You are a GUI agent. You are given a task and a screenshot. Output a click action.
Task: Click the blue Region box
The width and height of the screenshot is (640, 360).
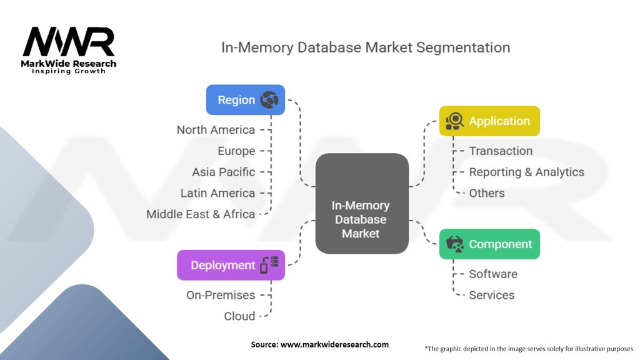click(x=245, y=99)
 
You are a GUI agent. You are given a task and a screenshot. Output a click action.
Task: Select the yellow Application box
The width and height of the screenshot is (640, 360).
click(x=489, y=121)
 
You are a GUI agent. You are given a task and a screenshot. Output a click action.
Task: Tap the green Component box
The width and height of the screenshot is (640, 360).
click(x=489, y=244)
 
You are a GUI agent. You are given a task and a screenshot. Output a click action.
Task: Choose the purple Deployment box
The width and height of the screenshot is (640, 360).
click(x=231, y=265)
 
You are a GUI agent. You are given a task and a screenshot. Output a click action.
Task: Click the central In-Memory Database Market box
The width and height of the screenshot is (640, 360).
click(x=362, y=203)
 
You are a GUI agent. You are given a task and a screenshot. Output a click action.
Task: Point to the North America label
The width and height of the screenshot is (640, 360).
click(x=216, y=130)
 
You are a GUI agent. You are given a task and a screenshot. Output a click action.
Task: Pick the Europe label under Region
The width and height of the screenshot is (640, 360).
click(x=236, y=151)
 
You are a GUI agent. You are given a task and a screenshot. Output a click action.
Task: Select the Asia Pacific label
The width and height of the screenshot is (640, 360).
click(x=224, y=172)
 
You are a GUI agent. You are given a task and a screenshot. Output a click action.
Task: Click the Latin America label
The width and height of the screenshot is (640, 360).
click(x=218, y=193)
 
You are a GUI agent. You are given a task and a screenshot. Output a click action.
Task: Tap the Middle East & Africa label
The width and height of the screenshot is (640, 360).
click(x=201, y=214)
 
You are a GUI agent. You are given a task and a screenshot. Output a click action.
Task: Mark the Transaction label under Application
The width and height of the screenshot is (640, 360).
click(x=501, y=151)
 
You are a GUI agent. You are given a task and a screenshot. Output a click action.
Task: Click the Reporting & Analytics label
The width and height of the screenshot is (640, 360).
click(x=526, y=172)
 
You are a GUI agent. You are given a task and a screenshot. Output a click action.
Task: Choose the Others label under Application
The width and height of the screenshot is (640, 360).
click(x=487, y=193)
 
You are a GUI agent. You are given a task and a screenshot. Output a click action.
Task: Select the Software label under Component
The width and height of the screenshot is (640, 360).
click(x=493, y=274)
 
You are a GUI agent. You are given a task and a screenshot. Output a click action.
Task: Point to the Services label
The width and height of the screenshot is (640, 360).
click(x=492, y=295)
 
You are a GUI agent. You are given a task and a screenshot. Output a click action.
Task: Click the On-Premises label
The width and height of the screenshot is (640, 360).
click(x=221, y=295)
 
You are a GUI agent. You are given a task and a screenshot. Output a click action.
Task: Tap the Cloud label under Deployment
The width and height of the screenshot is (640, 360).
click(x=239, y=316)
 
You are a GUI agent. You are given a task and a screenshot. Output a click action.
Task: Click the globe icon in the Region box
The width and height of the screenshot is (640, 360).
click(x=269, y=99)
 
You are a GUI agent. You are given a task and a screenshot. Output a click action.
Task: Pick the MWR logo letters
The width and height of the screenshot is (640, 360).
click(x=69, y=42)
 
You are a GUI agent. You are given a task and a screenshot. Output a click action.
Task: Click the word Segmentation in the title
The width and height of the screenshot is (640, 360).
click(x=463, y=47)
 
